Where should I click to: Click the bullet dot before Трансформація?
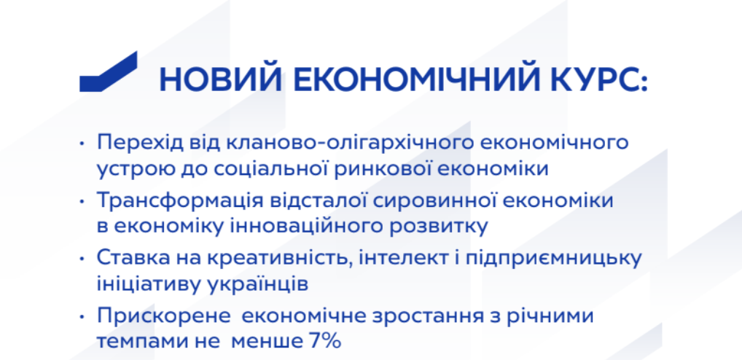[x=82, y=201]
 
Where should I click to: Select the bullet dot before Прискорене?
[x=82, y=316]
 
